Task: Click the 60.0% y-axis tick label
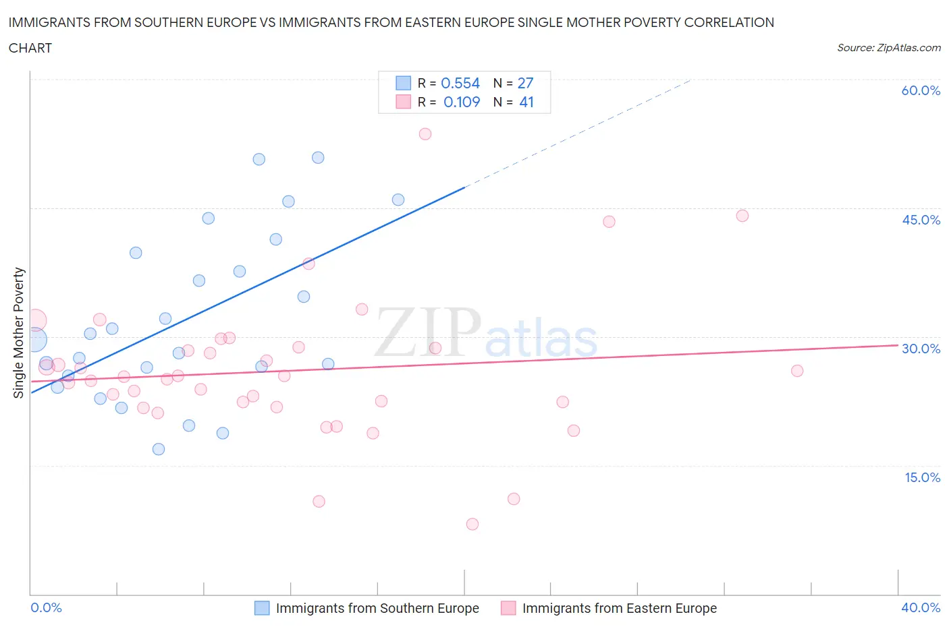coord(921,90)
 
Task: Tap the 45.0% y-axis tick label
coord(921,220)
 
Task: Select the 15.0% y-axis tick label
coord(922,477)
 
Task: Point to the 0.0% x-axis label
coord(46,607)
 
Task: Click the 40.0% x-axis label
coord(921,607)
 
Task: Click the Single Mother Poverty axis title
coord(19,332)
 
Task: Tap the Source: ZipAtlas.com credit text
coord(888,48)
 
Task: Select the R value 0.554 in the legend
coord(460,83)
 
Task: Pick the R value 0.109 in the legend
coord(462,102)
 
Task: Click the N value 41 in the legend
coord(526,102)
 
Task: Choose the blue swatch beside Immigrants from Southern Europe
coord(262,608)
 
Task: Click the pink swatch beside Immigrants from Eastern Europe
coord(508,608)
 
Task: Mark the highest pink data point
coord(425,133)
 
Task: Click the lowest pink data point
coord(472,524)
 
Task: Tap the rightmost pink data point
coord(797,370)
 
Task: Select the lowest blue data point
coord(159,449)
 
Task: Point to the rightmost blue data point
coord(398,200)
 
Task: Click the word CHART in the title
coord(30,48)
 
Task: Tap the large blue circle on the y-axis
coord(34,340)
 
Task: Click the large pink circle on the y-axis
coord(35,320)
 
